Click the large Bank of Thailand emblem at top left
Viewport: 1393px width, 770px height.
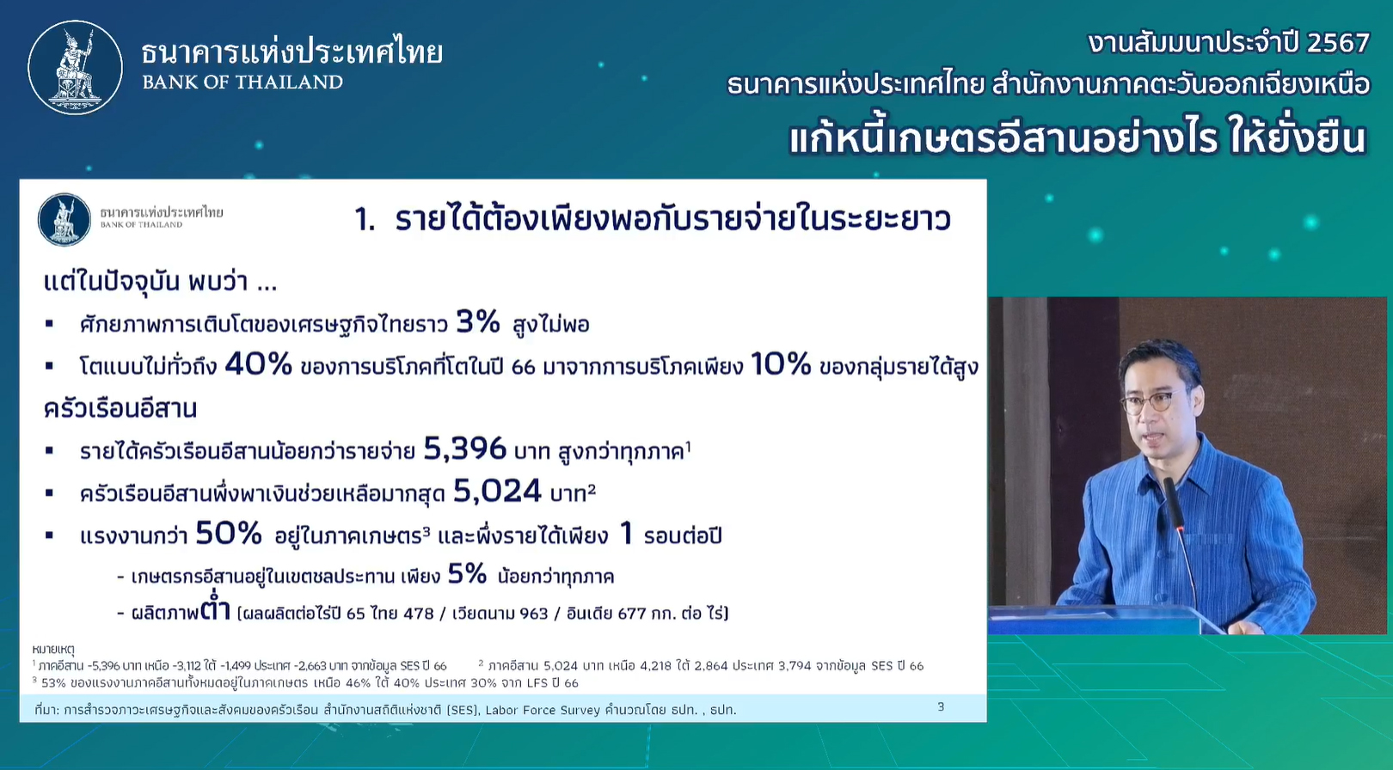76,67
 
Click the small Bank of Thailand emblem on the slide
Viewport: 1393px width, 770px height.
64,219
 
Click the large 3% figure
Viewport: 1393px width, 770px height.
478,322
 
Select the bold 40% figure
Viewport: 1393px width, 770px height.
258,364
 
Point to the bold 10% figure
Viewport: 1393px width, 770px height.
781,364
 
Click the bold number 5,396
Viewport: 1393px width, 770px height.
464,449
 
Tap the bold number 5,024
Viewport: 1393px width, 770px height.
498,491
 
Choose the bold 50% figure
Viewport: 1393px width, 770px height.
229,533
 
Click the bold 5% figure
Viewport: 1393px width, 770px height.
467,574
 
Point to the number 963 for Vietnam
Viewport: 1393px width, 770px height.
533,614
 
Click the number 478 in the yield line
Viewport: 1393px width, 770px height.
419,614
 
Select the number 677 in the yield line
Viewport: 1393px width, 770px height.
632,614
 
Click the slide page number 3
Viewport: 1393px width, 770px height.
941,706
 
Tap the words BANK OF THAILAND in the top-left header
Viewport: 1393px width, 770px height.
242,82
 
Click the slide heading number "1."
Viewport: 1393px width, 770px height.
365,220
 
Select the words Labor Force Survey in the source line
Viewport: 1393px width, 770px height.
543,710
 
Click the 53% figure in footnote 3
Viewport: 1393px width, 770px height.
53,683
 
